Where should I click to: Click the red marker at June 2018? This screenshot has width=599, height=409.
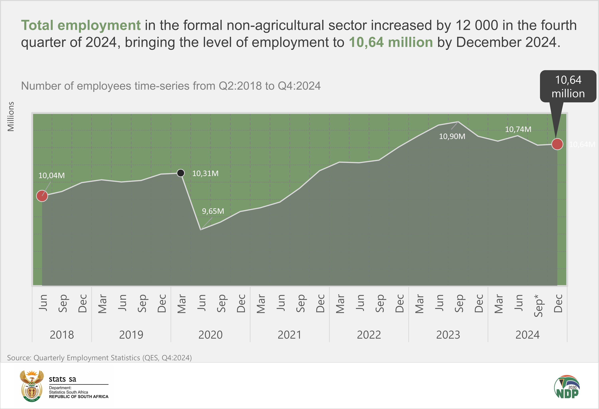click(x=42, y=196)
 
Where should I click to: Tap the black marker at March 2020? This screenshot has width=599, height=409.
click(x=181, y=173)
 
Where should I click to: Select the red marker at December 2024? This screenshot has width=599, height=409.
click(x=557, y=144)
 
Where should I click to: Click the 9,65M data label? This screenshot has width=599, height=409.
click(x=213, y=211)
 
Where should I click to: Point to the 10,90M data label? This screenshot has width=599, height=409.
click(x=452, y=136)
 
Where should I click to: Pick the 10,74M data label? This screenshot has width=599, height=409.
click(x=518, y=129)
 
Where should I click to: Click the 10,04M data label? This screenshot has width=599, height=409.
click(x=52, y=176)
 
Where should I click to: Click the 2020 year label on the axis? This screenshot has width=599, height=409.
click(x=210, y=335)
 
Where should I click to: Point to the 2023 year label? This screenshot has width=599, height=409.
click(x=448, y=335)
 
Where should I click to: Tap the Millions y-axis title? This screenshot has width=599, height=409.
click(x=11, y=116)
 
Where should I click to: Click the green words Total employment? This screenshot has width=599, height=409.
click(x=81, y=25)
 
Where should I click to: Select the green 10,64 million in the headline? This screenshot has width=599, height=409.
click(x=391, y=42)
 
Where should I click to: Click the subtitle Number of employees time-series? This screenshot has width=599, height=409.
click(x=171, y=86)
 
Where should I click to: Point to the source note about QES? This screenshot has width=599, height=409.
click(x=99, y=358)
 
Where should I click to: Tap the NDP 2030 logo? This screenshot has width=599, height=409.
click(x=567, y=387)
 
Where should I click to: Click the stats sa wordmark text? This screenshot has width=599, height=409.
click(x=63, y=379)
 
